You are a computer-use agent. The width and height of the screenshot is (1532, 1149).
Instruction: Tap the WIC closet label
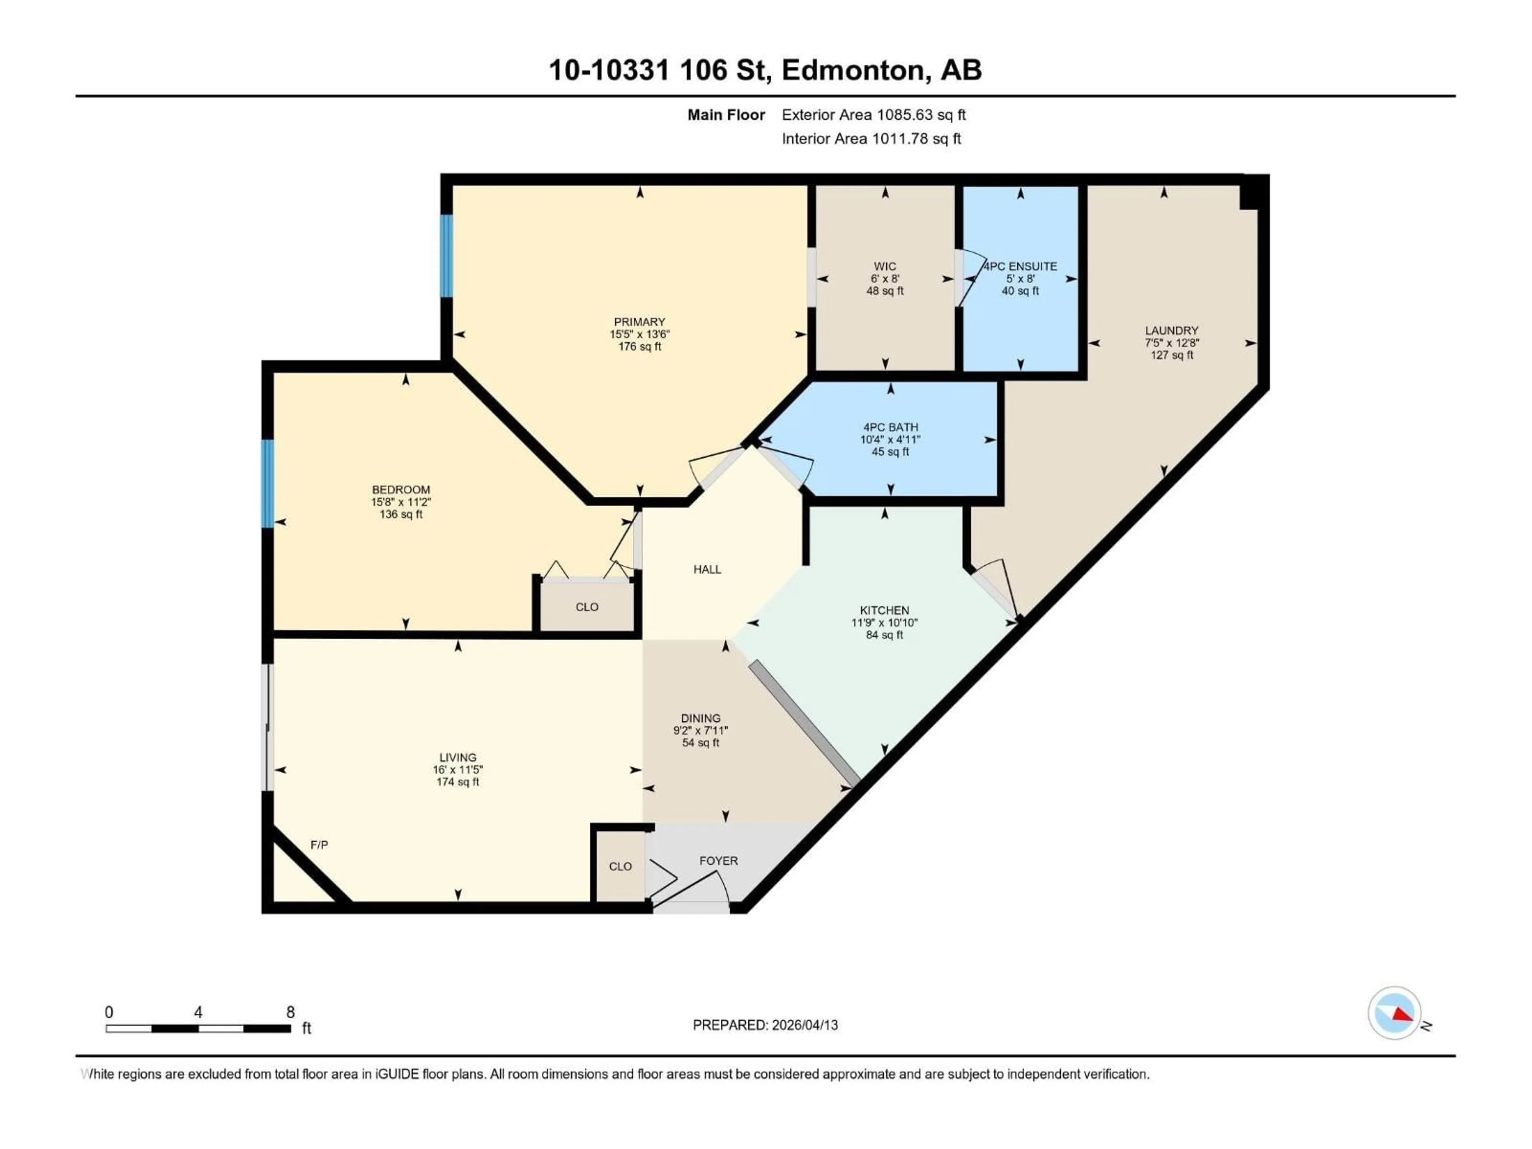click(x=884, y=267)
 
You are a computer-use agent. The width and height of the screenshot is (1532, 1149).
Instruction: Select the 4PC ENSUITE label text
click(x=1021, y=267)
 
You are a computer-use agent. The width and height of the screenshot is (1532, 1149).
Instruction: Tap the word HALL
click(x=707, y=569)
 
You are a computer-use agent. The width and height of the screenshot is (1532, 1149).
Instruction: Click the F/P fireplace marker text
click(x=319, y=845)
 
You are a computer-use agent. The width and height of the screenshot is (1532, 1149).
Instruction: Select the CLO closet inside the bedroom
click(x=586, y=607)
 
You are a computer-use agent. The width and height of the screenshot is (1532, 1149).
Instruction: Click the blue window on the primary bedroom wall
click(x=447, y=256)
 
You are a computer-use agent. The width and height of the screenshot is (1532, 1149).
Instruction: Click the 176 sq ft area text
click(x=639, y=346)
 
